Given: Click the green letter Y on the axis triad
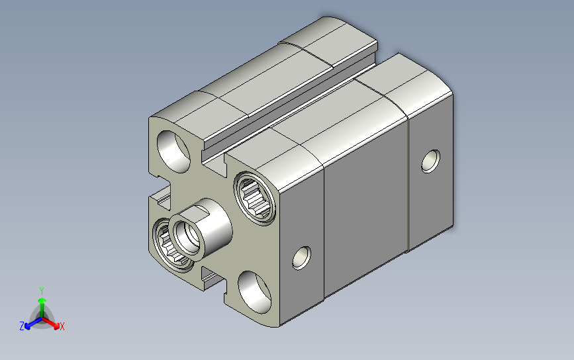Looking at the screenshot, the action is pyautogui.click(x=42, y=291).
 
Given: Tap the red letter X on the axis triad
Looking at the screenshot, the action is pyautogui.click(x=62, y=326).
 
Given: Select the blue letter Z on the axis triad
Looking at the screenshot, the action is pyautogui.click(x=22, y=326).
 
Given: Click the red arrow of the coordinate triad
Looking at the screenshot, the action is pyautogui.click(x=51, y=323).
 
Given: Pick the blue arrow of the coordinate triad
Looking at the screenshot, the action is pyautogui.click(x=33, y=323).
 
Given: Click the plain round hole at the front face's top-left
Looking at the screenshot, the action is pyautogui.click(x=173, y=152).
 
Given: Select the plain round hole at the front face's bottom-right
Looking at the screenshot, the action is pyautogui.click(x=254, y=292).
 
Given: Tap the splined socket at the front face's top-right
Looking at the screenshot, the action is pyautogui.click(x=255, y=198).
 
